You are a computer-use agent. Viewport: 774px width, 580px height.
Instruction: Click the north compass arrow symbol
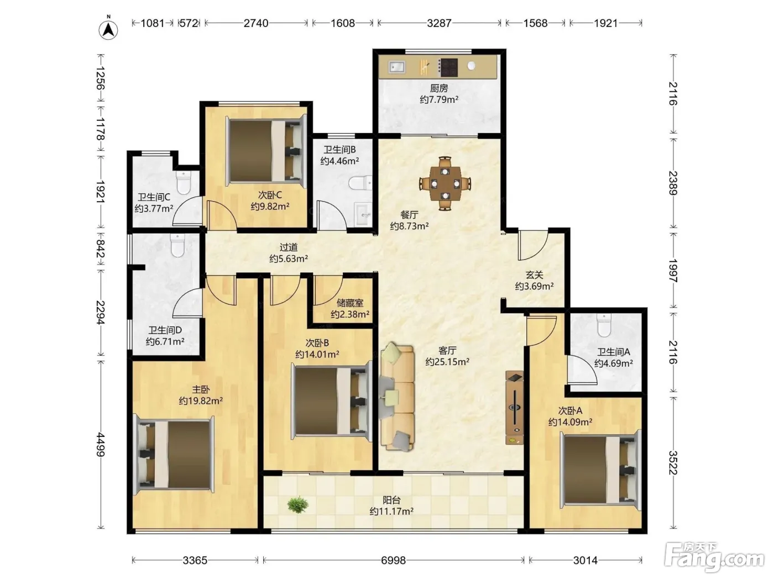coord(108,30)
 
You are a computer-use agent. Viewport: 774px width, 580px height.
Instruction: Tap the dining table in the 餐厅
coord(445,183)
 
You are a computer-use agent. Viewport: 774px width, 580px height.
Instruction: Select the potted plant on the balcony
coord(297,505)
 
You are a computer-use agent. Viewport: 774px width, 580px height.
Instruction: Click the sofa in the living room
coord(398,397)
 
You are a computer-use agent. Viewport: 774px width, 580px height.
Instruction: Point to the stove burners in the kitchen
coord(448,67)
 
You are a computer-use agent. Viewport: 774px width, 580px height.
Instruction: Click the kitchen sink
coord(397,67)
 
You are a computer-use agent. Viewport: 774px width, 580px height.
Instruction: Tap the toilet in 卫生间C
coord(184,182)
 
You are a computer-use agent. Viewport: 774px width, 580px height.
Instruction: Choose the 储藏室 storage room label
coord(350,303)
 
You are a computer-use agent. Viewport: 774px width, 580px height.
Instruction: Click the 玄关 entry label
coord(534,275)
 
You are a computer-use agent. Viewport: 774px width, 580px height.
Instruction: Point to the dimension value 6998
coord(393,560)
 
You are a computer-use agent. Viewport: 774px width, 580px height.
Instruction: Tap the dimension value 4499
coord(101,445)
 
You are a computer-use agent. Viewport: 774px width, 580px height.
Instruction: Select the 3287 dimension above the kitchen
coord(439,23)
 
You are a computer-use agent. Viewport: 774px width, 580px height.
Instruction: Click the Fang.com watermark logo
coord(714,558)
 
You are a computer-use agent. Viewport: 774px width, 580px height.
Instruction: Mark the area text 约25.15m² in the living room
coord(447,362)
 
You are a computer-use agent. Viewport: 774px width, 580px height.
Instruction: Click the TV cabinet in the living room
coord(515,408)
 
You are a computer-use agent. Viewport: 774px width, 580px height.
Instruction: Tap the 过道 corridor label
coord(289,247)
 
